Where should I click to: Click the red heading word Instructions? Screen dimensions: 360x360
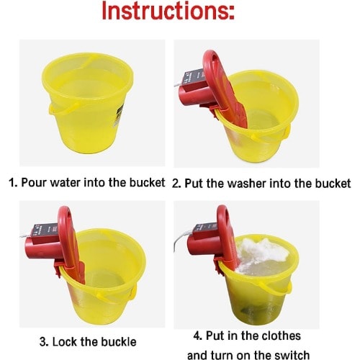168,11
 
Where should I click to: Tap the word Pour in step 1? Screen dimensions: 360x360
34,183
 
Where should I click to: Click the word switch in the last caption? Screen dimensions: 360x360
291,355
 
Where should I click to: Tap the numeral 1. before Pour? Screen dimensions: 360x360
14,183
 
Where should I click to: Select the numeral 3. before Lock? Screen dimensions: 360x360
44,342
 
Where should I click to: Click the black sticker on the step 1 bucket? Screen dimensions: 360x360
120,114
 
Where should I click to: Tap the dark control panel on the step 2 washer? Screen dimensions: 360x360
193,77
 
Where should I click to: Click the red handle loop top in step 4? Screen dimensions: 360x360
222,208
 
